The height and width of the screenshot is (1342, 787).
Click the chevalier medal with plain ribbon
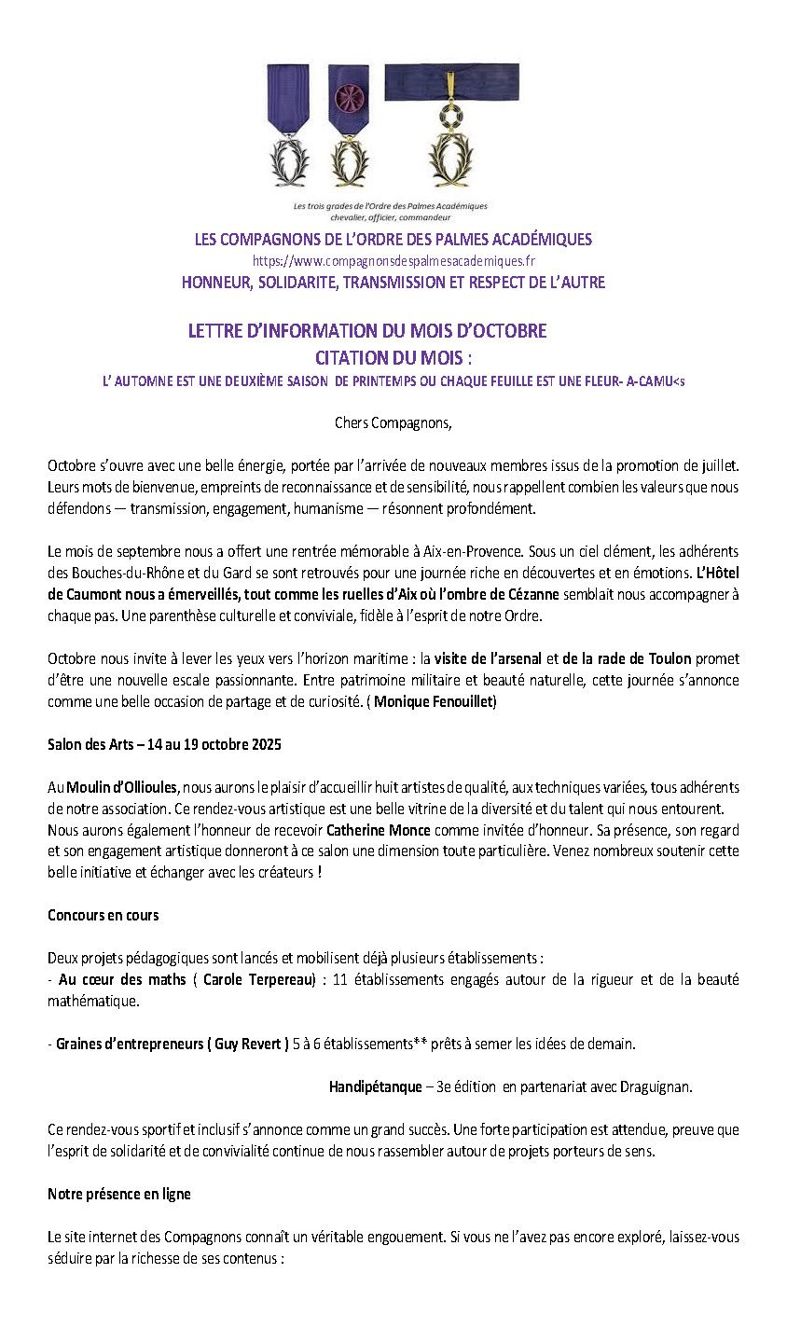[x=289, y=125]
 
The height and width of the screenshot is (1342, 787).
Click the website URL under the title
[x=393, y=262]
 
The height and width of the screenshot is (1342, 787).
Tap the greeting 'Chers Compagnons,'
[x=393, y=423]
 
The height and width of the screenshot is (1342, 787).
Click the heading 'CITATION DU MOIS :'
[x=393, y=357]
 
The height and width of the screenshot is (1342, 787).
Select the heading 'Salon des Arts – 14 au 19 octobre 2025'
[x=164, y=744]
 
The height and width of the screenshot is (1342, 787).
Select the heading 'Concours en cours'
[x=104, y=915]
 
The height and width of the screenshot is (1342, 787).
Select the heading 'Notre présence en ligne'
[x=119, y=1194]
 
